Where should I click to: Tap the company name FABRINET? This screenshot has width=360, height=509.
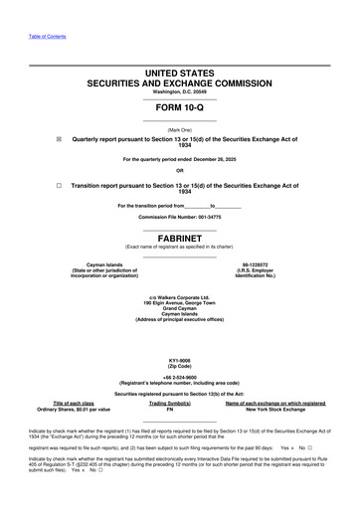point(179,238)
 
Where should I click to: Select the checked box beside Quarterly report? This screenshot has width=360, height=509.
point(59,139)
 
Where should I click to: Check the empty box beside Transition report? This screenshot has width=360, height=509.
point(59,185)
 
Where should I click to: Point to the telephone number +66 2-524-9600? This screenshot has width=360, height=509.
point(179,378)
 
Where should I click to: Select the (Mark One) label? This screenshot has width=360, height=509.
point(179,130)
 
